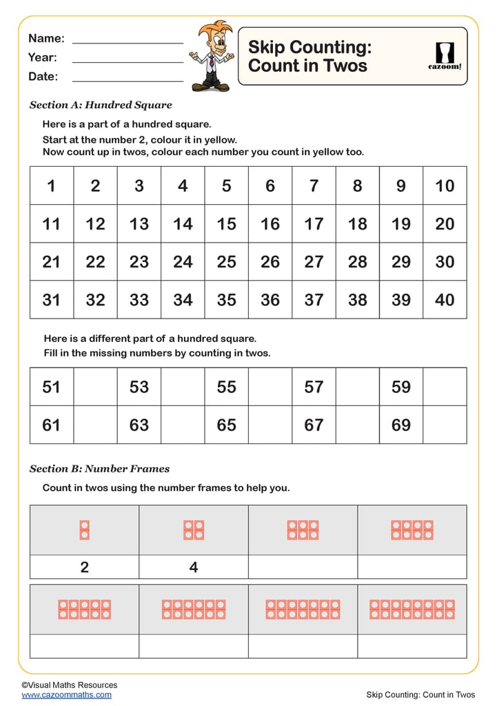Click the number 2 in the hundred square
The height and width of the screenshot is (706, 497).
(95, 185)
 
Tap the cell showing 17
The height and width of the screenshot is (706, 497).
(314, 223)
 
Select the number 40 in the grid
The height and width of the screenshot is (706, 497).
(445, 300)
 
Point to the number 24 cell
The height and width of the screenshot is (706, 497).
(183, 262)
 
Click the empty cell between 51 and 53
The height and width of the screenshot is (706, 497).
(95, 387)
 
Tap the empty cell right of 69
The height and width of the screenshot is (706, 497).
(445, 425)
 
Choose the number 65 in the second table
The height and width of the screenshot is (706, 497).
(226, 425)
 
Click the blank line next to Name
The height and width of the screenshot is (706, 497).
(128, 41)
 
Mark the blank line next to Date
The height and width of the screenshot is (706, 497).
(128, 79)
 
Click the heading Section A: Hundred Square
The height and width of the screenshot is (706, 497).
(101, 105)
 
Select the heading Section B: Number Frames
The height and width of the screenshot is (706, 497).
(99, 469)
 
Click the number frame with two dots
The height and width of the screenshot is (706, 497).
(85, 529)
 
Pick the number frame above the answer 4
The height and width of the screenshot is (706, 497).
(194, 529)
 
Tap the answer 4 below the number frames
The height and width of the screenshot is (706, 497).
(194, 567)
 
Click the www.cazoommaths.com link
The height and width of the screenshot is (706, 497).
(66, 695)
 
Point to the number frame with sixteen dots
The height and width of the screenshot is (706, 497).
(412, 609)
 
